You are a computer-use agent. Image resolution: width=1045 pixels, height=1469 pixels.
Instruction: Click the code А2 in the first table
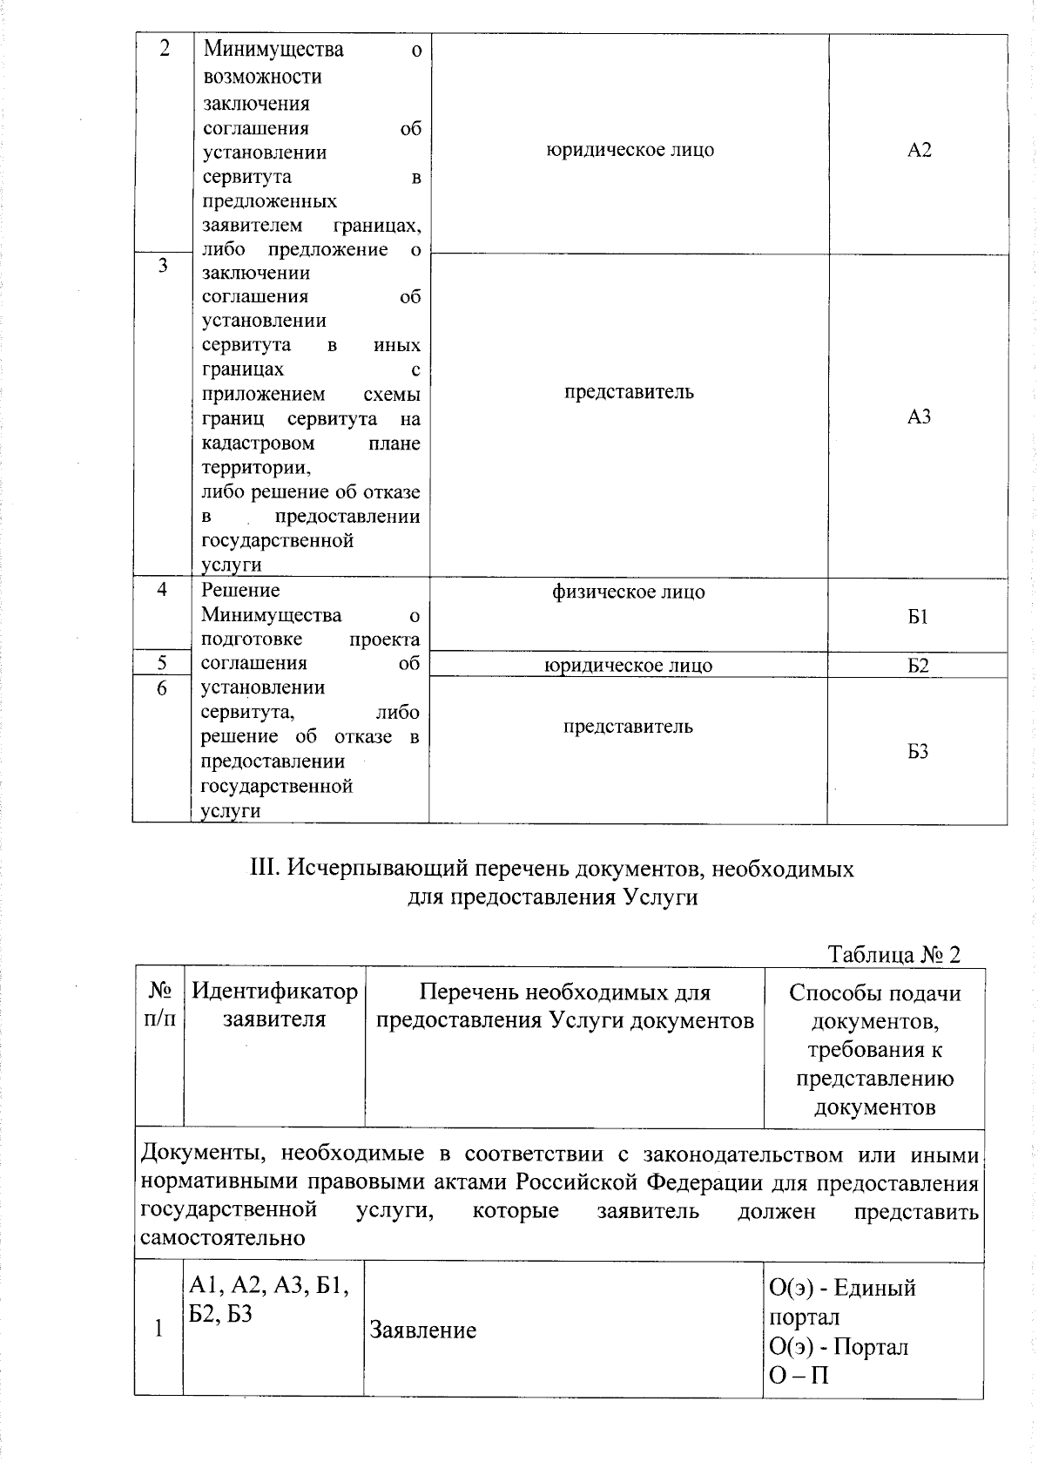click(x=919, y=150)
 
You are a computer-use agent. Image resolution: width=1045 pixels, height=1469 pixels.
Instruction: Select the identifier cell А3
click(x=919, y=416)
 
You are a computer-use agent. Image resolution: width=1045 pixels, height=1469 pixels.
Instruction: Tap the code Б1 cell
click(x=918, y=617)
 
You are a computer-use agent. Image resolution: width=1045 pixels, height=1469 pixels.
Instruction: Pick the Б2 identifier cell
click(x=918, y=667)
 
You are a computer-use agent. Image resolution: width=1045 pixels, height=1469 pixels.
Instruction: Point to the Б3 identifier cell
click(x=918, y=751)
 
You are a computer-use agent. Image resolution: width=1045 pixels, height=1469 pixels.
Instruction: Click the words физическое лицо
click(x=628, y=592)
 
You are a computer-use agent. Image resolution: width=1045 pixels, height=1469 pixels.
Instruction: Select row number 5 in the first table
click(x=162, y=663)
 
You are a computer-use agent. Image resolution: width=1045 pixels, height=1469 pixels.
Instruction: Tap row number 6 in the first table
click(x=162, y=688)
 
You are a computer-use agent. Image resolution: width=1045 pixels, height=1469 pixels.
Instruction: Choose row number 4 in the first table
click(x=162, y=590)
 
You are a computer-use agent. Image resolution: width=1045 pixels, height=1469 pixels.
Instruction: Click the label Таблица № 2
click(x=893, y=954)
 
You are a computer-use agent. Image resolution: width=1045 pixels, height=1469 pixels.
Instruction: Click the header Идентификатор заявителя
click(x=274, y=1005)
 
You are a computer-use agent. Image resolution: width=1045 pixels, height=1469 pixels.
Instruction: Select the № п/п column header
click(x=159, y=1005)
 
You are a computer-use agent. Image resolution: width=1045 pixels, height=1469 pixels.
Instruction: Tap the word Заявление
click(x=423, y=1330)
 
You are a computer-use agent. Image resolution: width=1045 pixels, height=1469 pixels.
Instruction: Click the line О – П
click(x=799, y=1376)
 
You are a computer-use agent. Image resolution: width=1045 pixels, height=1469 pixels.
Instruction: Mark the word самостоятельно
click(x=222, y=1237)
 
